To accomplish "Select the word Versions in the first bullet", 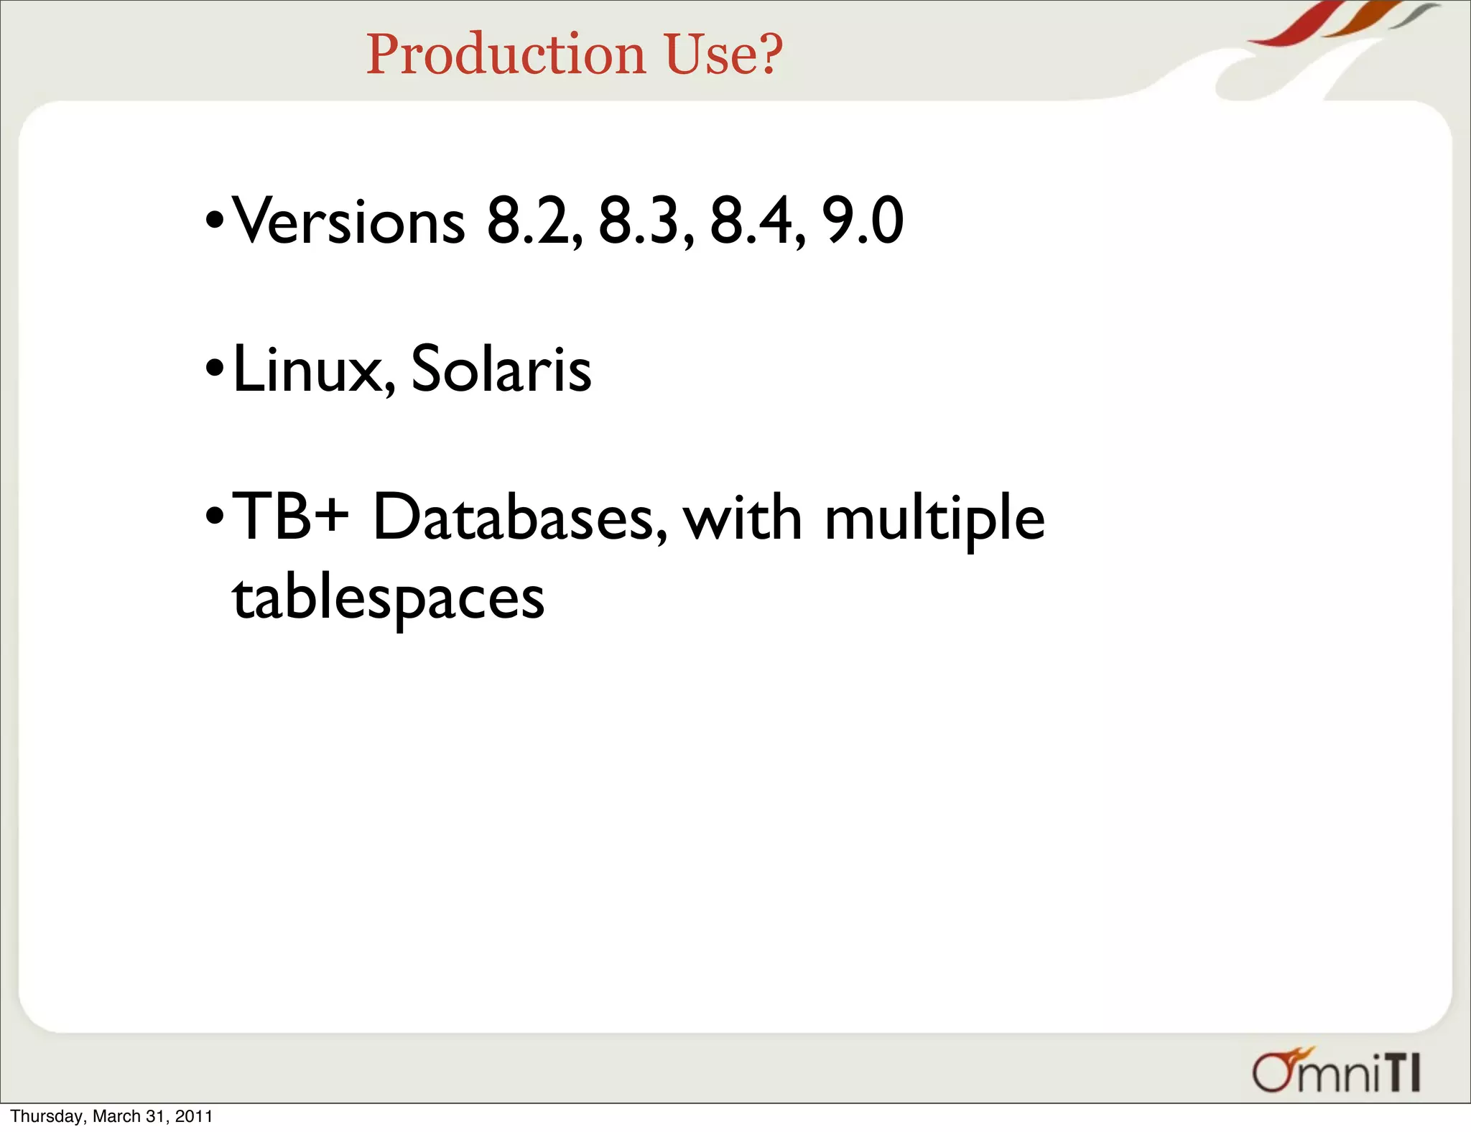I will pyautogui.click(x=349, y=221).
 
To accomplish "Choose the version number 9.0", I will pyautogui.click(x=863, y=221).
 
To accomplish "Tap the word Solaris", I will pyautogui.click(x=501, y=369).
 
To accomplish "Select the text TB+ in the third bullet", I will pyautogui.click(x=291, y=517).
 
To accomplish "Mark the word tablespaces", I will pyautogui.click(x=389, y=598).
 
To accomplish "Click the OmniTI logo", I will pyautogui.click(x=1336, y=1072).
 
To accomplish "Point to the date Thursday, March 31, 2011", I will pyautogui.click(x=111, y=1116).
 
